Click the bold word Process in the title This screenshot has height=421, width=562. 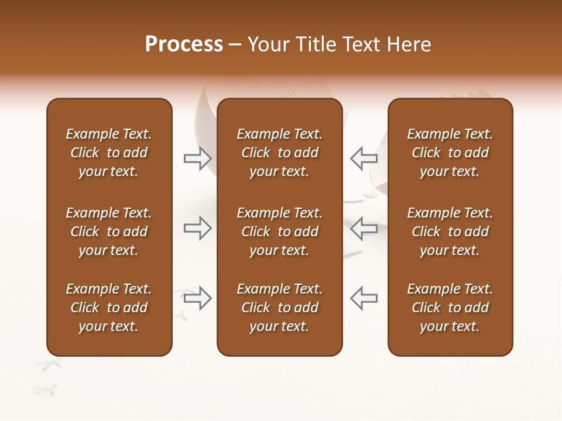[184, 45]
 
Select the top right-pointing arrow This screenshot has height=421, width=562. [197, 158]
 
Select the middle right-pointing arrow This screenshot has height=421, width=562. [197, 228]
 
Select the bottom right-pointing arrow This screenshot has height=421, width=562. [197, 298]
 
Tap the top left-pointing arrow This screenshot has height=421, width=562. [364, 158]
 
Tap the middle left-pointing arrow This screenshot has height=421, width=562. [364, 228]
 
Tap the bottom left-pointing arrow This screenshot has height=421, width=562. [364, 298]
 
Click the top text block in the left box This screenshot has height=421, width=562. [109, 153]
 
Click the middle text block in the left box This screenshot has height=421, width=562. [109, 232]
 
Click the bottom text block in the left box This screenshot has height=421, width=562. [109, 308]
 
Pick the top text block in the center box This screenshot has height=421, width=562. [279, 153]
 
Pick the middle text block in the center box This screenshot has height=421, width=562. [279, 232]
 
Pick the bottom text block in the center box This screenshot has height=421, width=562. [279, 308]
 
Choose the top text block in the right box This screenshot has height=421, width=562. [450, 153]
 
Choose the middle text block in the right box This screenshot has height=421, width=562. [450, 232]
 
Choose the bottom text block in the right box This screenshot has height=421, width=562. [450, 308]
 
